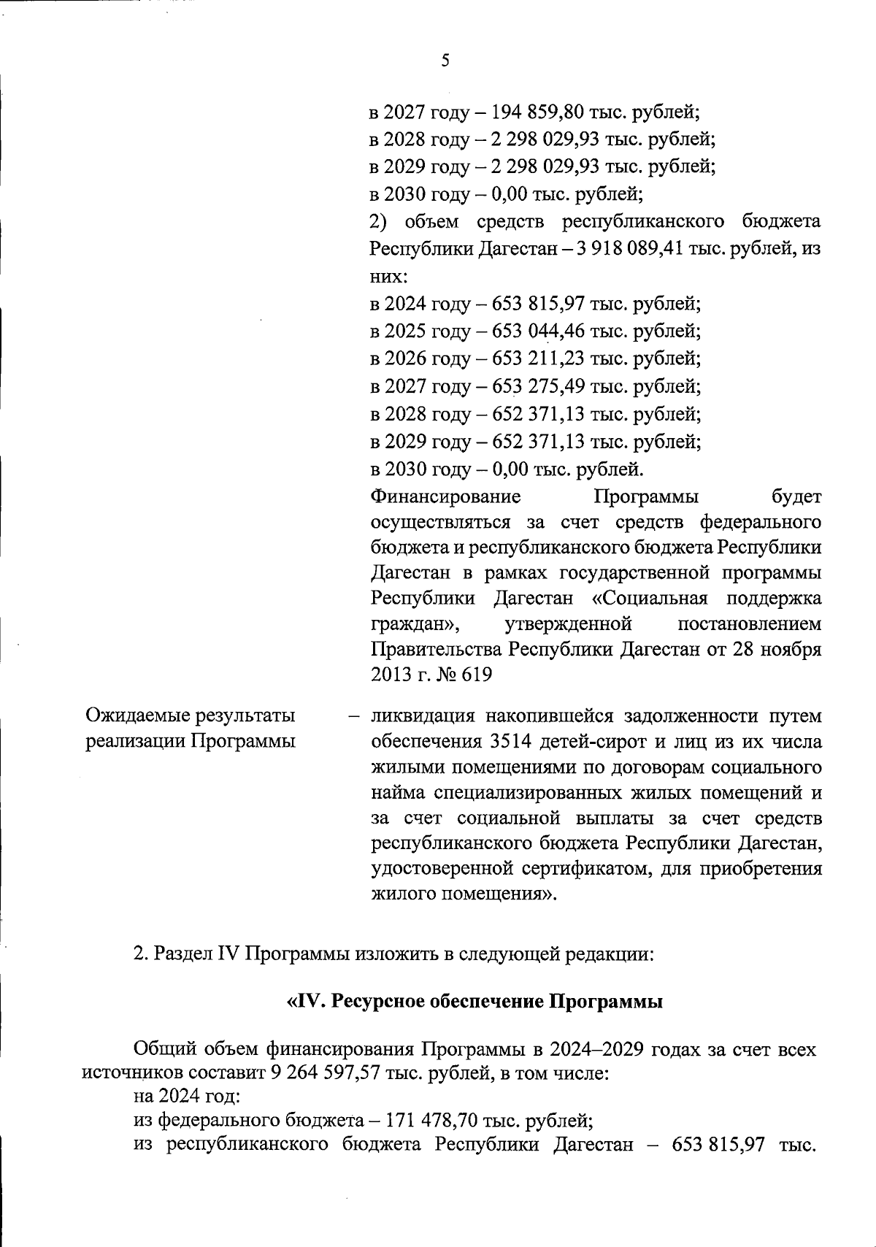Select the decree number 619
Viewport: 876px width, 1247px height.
(x=475, y=675)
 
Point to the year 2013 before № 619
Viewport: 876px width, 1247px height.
(x=393, y=675)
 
